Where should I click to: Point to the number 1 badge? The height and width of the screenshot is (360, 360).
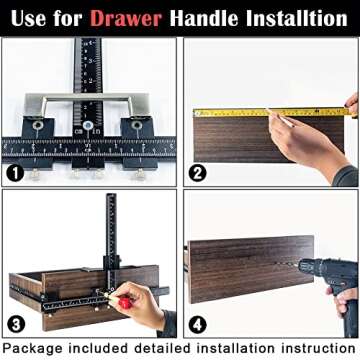[x=16, y=171]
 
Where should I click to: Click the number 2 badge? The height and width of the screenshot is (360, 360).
[x=198, y=171]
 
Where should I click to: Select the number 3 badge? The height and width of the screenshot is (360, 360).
[x=16, y=324]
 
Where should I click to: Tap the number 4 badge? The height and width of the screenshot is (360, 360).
[x=198, y=324]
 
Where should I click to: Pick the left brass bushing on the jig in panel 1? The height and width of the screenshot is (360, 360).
[x=39, y=128]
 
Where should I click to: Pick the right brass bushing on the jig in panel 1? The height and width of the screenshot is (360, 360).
[x=136, y=128]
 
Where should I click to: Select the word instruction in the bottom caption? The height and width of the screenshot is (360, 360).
[x=310, y=349]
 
